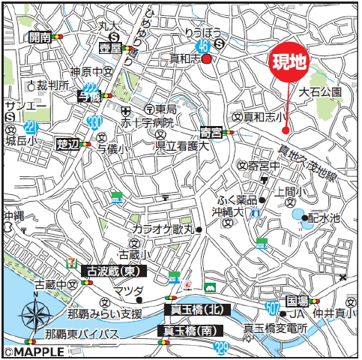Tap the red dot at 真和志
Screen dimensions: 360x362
205,59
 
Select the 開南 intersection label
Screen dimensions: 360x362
40,36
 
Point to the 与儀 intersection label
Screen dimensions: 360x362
88,96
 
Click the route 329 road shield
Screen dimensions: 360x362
220,347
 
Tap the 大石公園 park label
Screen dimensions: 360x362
320,92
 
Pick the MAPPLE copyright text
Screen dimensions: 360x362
29,351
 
